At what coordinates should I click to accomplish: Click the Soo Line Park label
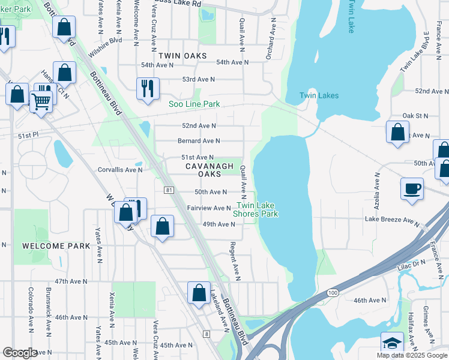(193, 104)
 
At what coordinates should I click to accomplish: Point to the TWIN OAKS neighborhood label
(182, 56)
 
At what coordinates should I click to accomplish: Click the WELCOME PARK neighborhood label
(56, 246)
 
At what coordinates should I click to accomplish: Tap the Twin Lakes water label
(319, 95)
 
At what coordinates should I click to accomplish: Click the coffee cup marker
(412, 188)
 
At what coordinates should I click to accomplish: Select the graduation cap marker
(392, 344)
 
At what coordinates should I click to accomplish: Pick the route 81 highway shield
(169, 190)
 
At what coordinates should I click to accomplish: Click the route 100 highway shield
(332, 292)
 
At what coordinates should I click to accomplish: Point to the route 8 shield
(206, 334)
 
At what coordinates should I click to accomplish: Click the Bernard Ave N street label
(199, 141)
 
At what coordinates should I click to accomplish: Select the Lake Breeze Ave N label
(392, 220)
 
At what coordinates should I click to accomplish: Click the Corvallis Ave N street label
(120, 170)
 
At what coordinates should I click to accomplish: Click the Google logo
(20, 353)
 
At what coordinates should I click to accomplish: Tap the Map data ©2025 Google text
(411, 355)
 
